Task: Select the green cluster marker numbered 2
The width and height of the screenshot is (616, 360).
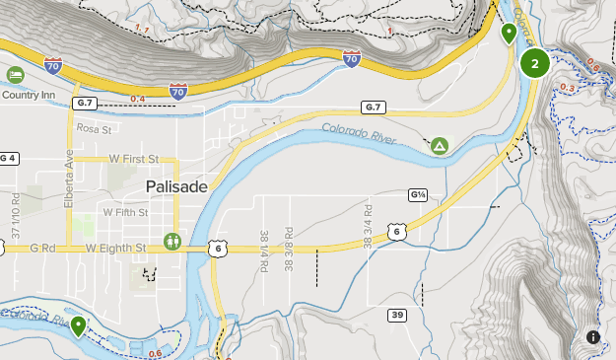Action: pyautogui.click(x=535, y=64)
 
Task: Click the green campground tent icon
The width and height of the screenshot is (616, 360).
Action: pyautogui.click(x=440, y=147)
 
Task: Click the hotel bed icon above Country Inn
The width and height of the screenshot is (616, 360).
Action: pyautogui.click(x=15, y=75)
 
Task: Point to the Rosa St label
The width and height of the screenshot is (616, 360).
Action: pyautogui.click(x=96, y=128)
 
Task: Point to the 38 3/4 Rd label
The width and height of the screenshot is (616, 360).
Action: pyautogui.click(x=368, y=225)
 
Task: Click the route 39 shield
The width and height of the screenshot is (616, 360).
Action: pyautogui.click(x=396, y=316)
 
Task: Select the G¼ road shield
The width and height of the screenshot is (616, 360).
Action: pyautogui.click(x=418, y=195)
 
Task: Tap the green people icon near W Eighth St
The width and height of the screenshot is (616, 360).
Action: pyautogui.click(x=174, y=240)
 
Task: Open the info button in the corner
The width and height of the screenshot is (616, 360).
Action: pyautogui.click(x=593, y=337)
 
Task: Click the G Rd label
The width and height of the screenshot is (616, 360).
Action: pyautogui.click(x=41, y=248)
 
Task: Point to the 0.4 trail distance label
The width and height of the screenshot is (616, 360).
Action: pyautogui.click(x=137, y=99)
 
